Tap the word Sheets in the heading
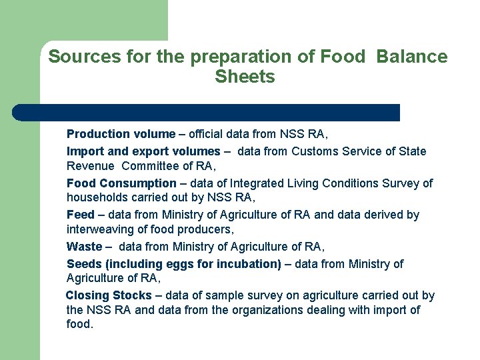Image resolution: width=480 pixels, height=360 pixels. pyautogui.click(x=245, y=77)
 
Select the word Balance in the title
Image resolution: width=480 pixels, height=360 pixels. pyautogui.click(x=411, y=57)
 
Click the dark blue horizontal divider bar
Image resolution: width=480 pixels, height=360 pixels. pyautogui.click(x=207, y=113)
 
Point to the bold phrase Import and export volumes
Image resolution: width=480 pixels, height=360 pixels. pyautogui.click(x=143, y=151)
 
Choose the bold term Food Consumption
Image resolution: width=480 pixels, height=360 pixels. pyautogui.click(x=121, y=183)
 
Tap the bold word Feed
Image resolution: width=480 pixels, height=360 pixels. pyautogui.click(x=80, y=215)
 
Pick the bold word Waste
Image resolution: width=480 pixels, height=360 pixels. pyautogui.click(x=84, y=247)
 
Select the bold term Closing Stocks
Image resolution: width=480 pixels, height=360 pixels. pyautogui.click(x=109, y=295)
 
